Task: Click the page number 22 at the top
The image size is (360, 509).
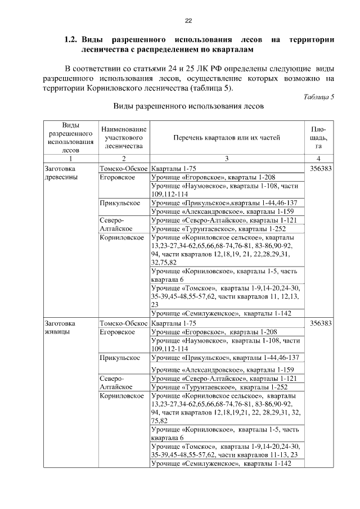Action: click(x=188, y=21)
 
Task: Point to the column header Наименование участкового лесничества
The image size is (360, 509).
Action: click(x=124, y=137)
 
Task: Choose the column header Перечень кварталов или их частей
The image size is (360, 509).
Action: click(x=226, y=137)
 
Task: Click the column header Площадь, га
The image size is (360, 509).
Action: click(x=318, y=137)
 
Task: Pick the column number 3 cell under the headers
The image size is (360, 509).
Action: click(x=226, y=159)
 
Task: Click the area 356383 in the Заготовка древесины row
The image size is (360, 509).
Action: click(x=318, y=168)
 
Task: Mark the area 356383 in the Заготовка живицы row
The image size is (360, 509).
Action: click(x=318, y=323)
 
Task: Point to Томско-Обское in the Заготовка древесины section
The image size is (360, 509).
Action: click(x=124, y=168)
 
